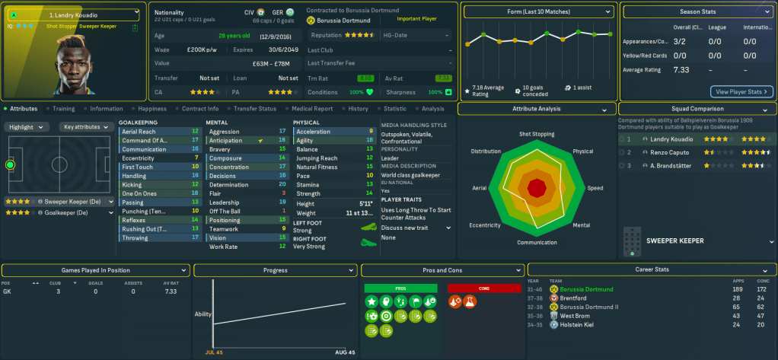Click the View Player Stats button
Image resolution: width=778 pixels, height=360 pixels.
(741, 91)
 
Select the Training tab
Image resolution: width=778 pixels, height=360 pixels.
(63, 109)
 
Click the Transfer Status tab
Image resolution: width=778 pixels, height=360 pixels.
(255, 109)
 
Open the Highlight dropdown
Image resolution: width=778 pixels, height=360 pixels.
(29, 127)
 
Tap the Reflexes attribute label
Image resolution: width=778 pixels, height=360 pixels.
(134, 220)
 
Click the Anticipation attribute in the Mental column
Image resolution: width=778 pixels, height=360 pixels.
(226, 141)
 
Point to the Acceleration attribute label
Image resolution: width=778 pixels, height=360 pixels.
(313, 132)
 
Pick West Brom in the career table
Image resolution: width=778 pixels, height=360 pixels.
(576, 315)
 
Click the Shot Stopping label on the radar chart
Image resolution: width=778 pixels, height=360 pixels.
(537, 134)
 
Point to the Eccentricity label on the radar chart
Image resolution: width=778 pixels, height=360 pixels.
(485, 225)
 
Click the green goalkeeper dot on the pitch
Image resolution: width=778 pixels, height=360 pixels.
(11, 164)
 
